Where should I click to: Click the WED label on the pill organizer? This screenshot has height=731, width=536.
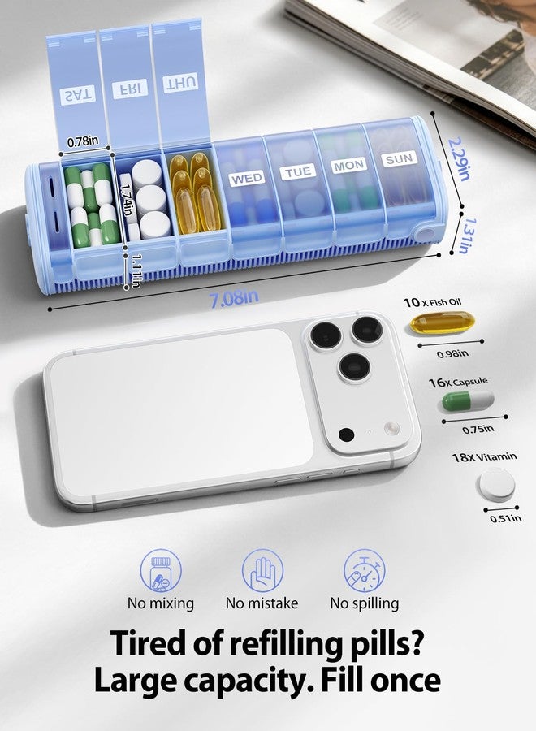coord(247,179)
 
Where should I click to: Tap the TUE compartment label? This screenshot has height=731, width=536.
coord(298,171)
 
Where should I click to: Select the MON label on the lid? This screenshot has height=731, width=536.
coord(348,165)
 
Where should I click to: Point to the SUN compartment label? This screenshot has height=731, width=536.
coord(399,159)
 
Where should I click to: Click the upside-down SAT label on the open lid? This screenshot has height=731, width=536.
coord(78,95)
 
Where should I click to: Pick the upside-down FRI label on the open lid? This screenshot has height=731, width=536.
coord(130,89)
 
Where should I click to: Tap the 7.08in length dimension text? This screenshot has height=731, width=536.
coord(234,299)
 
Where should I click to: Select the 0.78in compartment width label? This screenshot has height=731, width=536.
coord(83,141)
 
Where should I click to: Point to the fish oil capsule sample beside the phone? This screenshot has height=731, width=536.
coord(443,322)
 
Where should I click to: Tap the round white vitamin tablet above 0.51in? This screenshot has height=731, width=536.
coord(497,485)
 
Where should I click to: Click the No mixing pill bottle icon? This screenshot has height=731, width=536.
coord(161,571)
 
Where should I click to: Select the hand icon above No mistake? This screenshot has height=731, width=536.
coord(262,571)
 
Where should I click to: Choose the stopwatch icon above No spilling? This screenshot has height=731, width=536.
coord(365,571)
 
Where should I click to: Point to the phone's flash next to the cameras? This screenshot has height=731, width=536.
coord(391,428)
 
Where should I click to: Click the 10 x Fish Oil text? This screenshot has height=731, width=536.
coord(433,303)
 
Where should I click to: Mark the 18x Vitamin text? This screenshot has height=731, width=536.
coord(484,456)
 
